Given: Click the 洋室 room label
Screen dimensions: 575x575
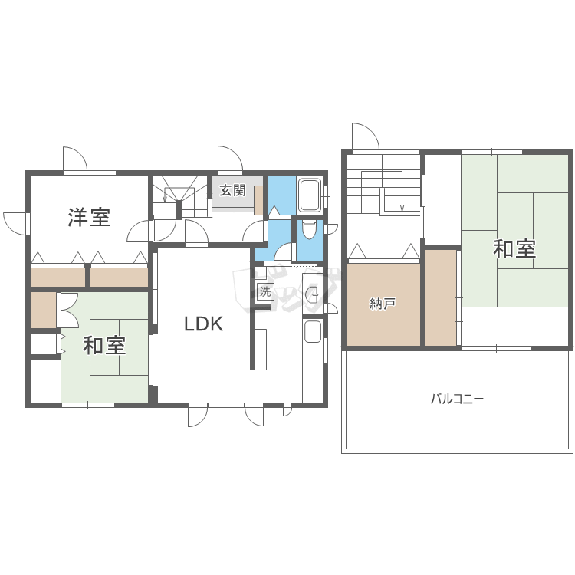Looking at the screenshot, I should pyautogui.click(x=89, y=218).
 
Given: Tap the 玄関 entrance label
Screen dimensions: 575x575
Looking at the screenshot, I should pyautogui.click(x=232, y=190).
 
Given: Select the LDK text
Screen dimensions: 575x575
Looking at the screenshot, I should pyautogui.click(x=203, y=324).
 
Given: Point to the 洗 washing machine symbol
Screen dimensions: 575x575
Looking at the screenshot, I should pyautogui.click(x=264, y=291).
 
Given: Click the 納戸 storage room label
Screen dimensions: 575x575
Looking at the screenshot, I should pyautogui.click(x=383, y=304).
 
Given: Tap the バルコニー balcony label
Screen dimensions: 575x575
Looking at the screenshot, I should pyautogui.click(x=457, y=399).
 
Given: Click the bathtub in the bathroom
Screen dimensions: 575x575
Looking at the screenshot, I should pyautogui.click(x=310, y=196).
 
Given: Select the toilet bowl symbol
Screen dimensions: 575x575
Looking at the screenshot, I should pyautogui.click(x=309, y=229).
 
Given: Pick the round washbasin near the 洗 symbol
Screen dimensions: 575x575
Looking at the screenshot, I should pyautogui.click(x=312, y=295).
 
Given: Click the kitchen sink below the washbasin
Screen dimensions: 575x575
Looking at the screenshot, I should pyautogui.click(x=313, y=331).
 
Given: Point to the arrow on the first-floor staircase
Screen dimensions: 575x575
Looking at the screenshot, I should pyautogui.click(x=166, y=199).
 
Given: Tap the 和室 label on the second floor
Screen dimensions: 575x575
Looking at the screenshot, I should pyautogui.click(x=514, y=249).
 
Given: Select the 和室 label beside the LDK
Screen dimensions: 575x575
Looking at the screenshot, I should pyautogui.click(x=104, y=345).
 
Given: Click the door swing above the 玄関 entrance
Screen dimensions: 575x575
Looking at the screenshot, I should pyautogui.click(x=230, y=159).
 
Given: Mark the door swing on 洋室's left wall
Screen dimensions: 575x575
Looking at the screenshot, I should pyautogui.click(x=15, y=223).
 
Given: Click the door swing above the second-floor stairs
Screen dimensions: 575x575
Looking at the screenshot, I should pyautogui.click(x=366, y=137).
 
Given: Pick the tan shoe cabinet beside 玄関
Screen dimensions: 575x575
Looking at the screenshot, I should pyautogui.click(x=259, y=199).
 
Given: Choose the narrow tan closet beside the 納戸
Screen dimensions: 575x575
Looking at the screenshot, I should pyautogui.click(x=441, y=297).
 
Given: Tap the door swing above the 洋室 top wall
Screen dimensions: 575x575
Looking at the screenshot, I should pyautogui.click(x=74, y=159).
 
